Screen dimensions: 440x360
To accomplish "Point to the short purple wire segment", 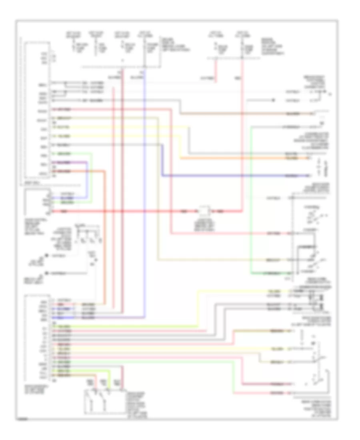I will click(80, 162).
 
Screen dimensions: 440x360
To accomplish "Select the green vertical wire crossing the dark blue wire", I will click(251, 176).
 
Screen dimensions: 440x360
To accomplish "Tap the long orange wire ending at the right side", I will click(240, 158).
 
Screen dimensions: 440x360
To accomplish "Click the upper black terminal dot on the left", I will click(46, 256).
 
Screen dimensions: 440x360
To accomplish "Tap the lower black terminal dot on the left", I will click(46, 273).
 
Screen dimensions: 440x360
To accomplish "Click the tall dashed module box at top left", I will click(37, 112).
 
